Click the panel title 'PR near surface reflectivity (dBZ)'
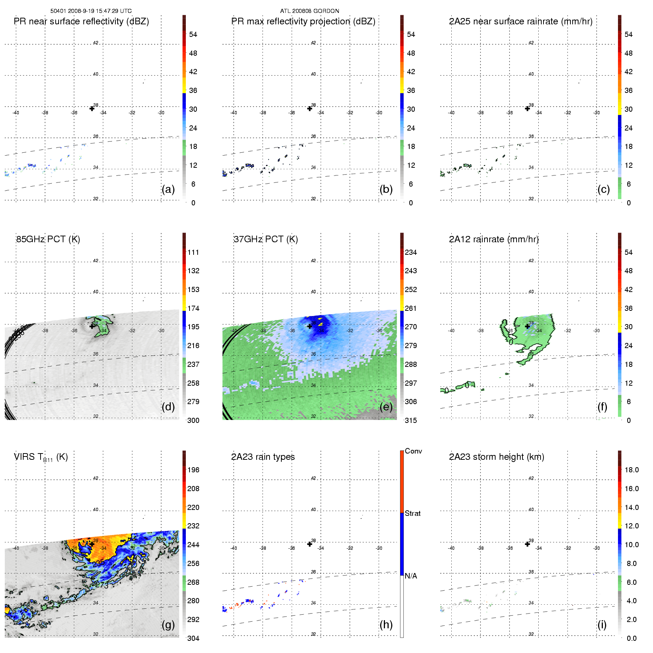[x=81, y=21]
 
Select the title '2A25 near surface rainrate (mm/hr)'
[x=520, y=21]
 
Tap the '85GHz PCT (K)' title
[x=48, y=239]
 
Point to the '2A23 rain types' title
[x=263, y=457]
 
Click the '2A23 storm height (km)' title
[x=496, y=457]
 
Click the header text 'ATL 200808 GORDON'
[x=309, y=11]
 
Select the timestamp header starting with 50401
[x=91, y=11]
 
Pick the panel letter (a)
[x=168, y=190]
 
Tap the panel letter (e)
[x=386, y=407]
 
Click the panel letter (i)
[x=602, y=625]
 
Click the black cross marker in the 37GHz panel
[x=310, y=326]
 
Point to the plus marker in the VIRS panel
[x=92, y=544]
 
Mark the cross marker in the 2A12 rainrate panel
[x=527, y=326]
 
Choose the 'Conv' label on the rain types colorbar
[x=413, y=451]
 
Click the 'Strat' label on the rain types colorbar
[x=412, y=513]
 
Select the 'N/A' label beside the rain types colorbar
[x=411, y=576]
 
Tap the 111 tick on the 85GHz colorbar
[x=193, y=253]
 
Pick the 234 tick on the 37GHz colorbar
[x=411, y=253]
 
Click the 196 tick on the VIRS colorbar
[x=193, y=470]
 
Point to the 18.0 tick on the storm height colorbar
[x=631, y=470]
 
